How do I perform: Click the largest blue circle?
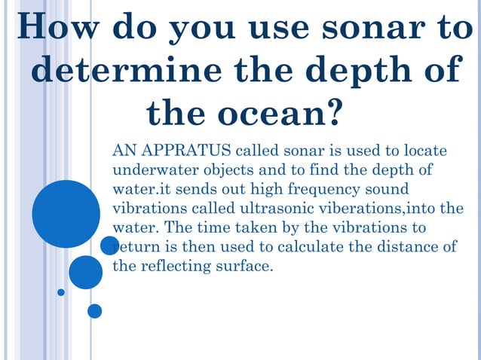66,214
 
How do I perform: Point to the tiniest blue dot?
61,292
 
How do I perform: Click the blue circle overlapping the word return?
110,246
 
